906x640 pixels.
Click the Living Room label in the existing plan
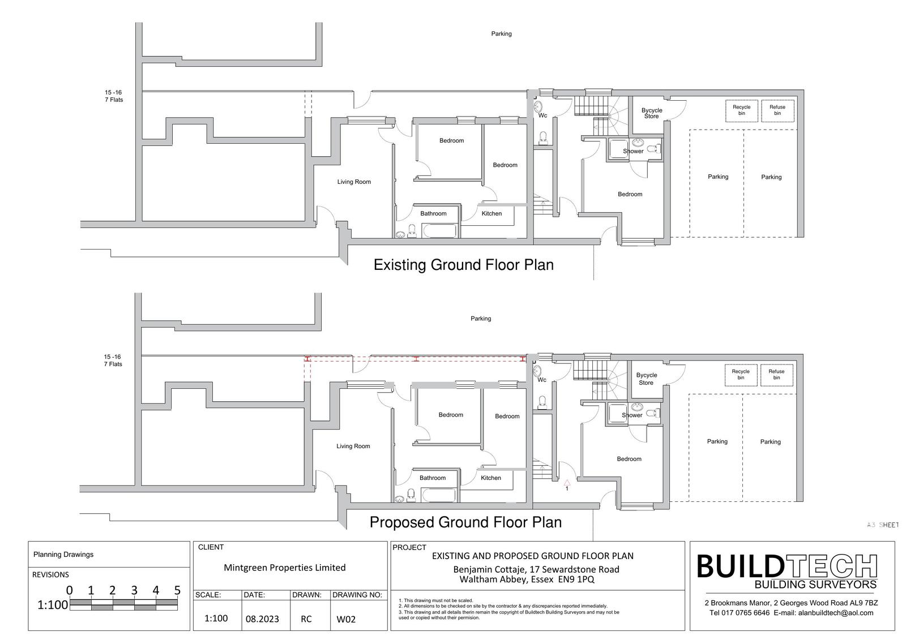[x=354, y=182]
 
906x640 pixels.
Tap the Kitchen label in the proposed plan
[x=490, y=478]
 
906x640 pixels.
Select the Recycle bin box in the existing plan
[x=741, y=110]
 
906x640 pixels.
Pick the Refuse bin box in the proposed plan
[x=776, y=375]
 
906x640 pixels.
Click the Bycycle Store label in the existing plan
[x=652, y=113]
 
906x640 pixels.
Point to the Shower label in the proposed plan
[x=632, y=415]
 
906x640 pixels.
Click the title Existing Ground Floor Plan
[x=464, y=265]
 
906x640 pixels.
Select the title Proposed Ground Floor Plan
[x=465, y=522]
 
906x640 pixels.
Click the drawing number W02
[x=346, y=619]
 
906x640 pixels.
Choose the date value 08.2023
[x=262, y=619]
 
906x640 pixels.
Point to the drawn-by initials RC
[x=306, y=619]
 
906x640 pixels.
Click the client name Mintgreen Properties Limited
[x=285, y=567]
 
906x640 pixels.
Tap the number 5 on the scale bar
[x=177, y=590]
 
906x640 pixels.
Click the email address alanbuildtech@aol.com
[x=835, y=613]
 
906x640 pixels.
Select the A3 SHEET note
[x=883, y=525]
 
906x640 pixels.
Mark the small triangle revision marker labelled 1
[x=567, y=482]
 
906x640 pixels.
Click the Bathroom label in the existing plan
[x=433, y=213]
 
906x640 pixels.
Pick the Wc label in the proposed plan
[x=541, y=380]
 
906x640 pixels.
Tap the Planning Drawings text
[x=63, y=555]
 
